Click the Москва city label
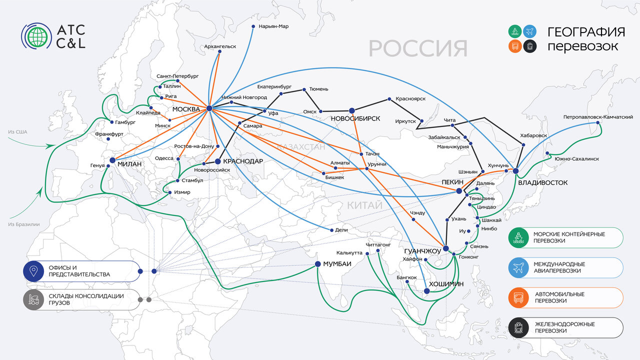click(186, 109)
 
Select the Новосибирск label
click(355, 119)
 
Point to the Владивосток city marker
click(515, 171)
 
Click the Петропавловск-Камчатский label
click(598, 117)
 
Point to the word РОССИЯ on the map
click(418, 49)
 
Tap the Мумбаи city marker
click(317, 264)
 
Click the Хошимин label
click(446, 284)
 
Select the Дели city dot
click(331, 230)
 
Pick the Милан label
click(129, 164)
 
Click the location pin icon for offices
click(34, 271)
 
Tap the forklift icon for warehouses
click(34, 299)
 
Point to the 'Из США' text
click(18, 132)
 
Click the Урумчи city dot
click(367, 168)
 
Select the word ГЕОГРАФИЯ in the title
click(586, 32)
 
